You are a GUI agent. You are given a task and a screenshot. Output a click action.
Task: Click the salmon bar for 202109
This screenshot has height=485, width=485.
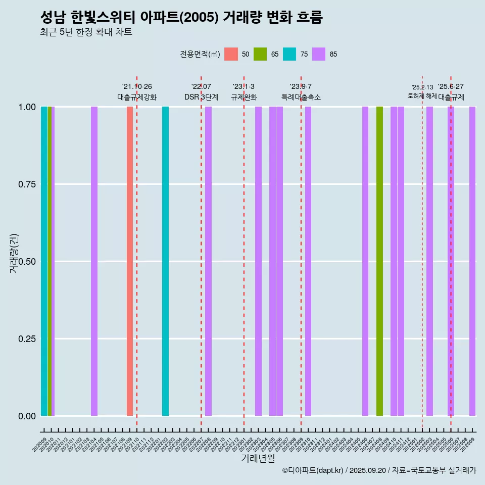click(130, 261)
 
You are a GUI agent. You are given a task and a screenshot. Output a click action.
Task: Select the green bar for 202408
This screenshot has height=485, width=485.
click(379, 261)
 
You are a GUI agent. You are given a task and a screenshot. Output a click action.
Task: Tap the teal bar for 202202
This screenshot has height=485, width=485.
click(165, 261)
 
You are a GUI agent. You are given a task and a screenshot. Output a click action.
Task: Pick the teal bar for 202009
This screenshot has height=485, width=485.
click(44, 261)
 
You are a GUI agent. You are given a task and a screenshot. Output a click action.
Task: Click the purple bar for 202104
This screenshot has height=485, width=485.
click(94, 261)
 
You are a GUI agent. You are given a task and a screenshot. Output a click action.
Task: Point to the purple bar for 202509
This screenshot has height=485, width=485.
click(472, 261)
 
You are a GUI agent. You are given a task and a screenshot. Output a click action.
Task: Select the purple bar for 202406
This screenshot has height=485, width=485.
click(365, 261)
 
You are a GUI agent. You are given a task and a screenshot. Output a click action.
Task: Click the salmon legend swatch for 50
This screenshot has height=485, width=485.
click(231, 54)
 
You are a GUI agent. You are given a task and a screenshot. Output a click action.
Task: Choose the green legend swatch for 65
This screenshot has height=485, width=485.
click(260, 54)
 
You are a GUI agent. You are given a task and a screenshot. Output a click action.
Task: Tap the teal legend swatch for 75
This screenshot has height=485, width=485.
click(289, 54)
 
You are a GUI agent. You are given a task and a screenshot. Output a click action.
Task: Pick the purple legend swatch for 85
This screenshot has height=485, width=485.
click(319, 54)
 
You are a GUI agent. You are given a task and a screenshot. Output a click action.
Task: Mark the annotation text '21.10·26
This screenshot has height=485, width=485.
click(137, 86)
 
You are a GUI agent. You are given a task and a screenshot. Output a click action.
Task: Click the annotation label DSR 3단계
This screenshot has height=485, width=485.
click(201, 97)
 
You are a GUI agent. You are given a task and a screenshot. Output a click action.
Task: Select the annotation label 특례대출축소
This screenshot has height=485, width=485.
click(301, 97)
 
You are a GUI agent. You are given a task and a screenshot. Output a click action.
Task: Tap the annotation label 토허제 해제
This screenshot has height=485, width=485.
click(422, 96)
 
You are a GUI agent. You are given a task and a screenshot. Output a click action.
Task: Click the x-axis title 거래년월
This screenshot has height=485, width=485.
click(258, 458)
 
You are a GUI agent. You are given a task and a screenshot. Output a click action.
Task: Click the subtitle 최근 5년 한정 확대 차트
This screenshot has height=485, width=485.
click(86, 32)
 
